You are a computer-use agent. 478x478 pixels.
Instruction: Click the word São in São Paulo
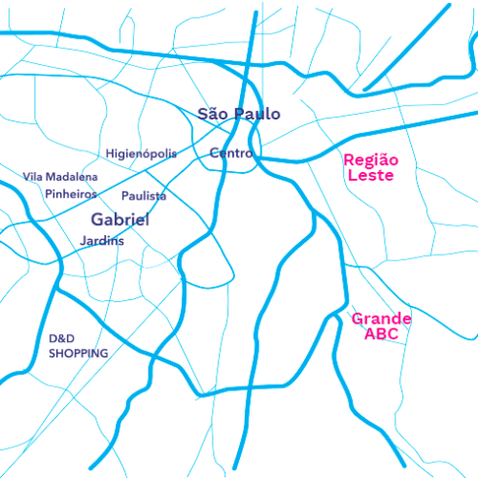(214, 114)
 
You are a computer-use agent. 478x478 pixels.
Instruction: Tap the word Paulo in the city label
(255, 114)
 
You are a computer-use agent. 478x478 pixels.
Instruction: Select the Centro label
(231, 154)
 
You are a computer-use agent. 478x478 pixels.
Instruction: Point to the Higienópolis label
(141, 154)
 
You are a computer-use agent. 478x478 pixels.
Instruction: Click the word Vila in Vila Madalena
(34, 177)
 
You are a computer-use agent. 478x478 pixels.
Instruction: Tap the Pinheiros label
(71, 193)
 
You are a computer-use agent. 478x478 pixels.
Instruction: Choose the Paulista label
(144, 196)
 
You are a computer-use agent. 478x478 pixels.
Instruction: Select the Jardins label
(102, 240)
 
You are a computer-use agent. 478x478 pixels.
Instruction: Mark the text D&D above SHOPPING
(62, 339)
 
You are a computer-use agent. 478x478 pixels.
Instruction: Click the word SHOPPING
(79, 354)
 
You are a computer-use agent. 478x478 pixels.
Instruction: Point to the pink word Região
(371, 160)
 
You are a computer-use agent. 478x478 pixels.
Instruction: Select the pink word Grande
(381, 319)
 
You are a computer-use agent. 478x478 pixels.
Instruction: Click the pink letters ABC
(381, 334)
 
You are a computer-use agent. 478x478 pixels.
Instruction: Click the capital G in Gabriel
(97, 220)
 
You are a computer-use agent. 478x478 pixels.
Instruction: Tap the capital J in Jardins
(84, 240)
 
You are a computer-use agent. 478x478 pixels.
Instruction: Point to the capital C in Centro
(215, 154)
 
